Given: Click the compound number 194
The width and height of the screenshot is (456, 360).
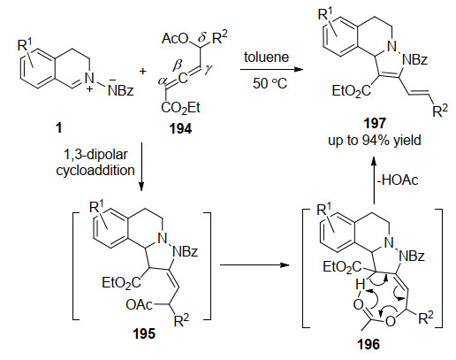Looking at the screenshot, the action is (180, 129).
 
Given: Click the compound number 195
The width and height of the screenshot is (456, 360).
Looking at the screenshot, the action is (144, 334).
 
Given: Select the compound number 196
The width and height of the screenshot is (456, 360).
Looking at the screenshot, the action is (369, 344).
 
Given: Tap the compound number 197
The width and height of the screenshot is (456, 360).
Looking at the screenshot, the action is (375, 123).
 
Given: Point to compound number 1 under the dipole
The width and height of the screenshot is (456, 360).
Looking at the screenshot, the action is (59, 128).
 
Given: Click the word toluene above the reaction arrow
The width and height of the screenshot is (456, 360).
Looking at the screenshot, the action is (266, 57).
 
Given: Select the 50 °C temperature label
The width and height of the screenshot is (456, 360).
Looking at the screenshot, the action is (270, 83).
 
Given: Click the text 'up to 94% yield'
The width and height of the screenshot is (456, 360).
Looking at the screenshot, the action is (375, 141).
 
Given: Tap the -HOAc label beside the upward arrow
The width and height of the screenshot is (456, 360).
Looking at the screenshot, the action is (398, 180).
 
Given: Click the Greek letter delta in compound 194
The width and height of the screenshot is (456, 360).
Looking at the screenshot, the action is (201, 38).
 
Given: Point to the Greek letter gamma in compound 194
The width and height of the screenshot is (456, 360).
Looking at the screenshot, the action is (209, 69).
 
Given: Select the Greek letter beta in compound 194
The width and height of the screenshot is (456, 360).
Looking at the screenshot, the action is (177, 65).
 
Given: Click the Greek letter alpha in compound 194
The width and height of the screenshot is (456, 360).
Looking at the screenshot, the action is (162, 80).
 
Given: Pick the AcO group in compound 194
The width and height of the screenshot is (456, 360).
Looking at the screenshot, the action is (175, 38).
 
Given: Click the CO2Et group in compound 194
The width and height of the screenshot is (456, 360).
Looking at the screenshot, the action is (180, 108).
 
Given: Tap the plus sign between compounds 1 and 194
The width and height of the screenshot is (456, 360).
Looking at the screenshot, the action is (143, 71).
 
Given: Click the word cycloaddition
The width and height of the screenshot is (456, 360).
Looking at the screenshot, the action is (95, 170).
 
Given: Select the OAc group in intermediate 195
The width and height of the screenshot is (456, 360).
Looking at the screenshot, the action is (139, 304).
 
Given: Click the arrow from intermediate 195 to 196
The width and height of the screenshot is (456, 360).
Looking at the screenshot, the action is (255, 264).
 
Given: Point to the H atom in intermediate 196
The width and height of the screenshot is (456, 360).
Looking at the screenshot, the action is (360, 285).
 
